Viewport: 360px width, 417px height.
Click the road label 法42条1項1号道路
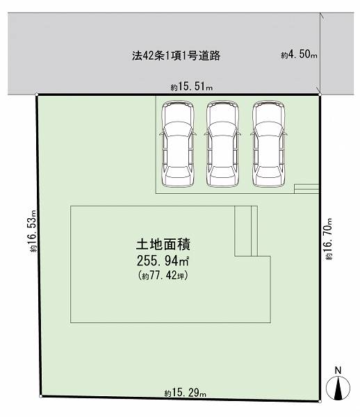(x=177, y=56)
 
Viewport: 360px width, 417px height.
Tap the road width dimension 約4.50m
(x=299, y=54)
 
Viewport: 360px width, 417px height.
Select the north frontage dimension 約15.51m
(x=191, y=87)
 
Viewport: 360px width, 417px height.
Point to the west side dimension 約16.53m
(x=33, y=231)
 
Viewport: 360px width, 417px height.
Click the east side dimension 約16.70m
(x=328, y=238)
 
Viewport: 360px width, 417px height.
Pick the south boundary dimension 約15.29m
(x=185, y=393)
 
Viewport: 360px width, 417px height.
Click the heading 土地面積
(x=163, y=245)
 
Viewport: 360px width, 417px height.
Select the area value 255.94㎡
(x=163, y=261)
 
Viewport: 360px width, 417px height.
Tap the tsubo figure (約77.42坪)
(x=163, y=275)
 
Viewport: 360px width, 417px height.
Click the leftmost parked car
(x=177, y=144)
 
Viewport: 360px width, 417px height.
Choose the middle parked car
(x=222, y=144)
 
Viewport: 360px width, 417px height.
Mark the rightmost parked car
(x=268, y=144)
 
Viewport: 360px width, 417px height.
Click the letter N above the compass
(x=338, y=370)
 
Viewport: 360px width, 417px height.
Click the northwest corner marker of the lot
(x=37, y=95)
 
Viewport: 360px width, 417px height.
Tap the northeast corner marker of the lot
(x=320, y=95)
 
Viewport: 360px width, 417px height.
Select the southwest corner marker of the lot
(x=41, y=396)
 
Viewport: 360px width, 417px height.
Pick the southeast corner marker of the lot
(x=320, y=401)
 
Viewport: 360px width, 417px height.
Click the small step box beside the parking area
(x=306, y=189)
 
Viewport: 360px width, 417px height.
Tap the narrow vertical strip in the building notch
(x=254, y=231)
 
